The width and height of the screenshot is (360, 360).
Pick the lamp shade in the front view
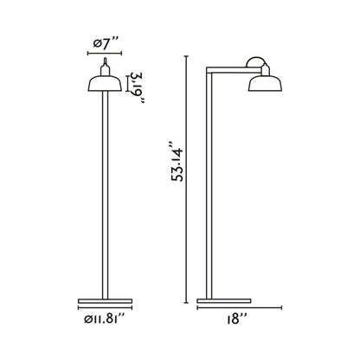click(104, 83)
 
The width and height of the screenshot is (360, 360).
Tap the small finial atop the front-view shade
click(104, 65)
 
